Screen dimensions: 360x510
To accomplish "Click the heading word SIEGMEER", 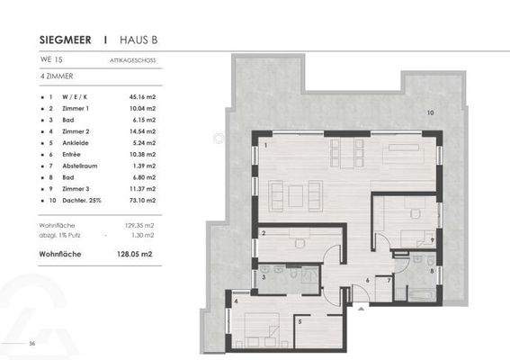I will click(67, 40).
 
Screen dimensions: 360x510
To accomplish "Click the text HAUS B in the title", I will click(142, 40).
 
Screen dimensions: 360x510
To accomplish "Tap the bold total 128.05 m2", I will click(135, 255).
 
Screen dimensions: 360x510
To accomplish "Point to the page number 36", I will click(31, 344).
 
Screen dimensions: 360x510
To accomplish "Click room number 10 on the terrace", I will click(430, 113).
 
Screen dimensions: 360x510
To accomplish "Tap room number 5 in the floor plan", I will click(300, 320).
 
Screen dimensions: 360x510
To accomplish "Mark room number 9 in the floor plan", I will click(433, 240).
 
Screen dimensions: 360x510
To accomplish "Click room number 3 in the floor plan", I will click(264, 278).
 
